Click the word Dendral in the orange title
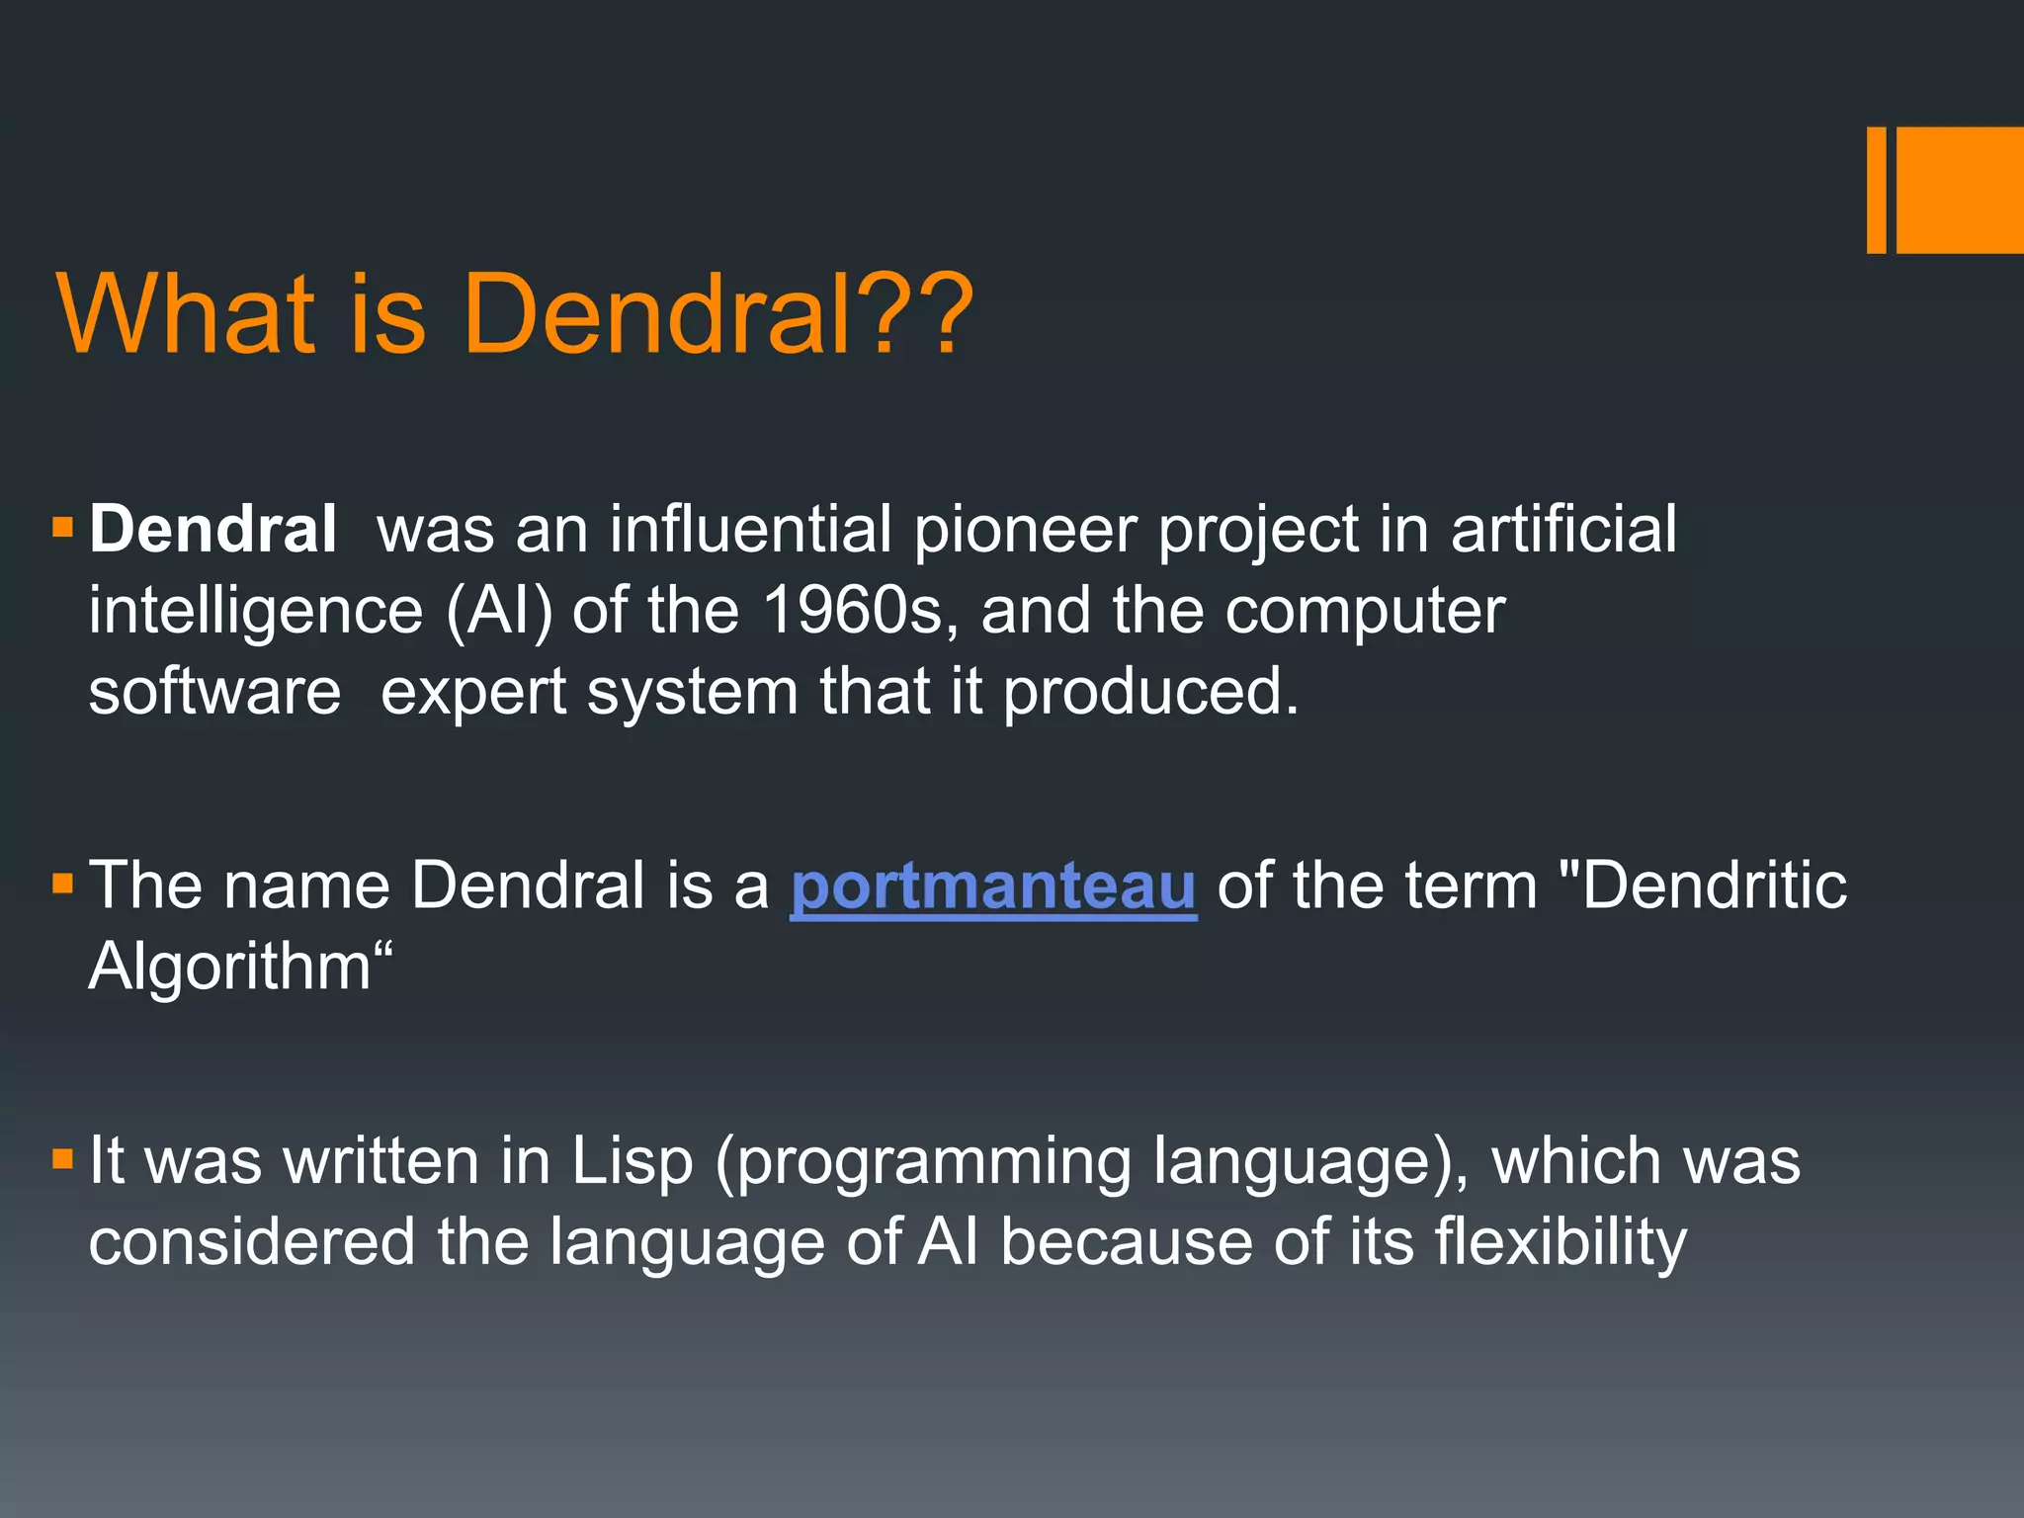656,314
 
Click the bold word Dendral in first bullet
212,530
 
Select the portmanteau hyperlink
993,885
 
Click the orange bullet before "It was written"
63,1158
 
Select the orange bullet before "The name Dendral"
63,883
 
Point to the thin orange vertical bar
1876,190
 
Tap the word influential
750,530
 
